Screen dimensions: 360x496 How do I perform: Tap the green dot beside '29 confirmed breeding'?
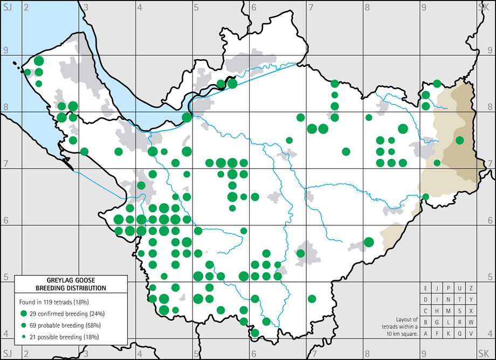23,314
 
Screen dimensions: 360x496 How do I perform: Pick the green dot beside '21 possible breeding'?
23,337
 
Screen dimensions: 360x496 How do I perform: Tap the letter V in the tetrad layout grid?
471,334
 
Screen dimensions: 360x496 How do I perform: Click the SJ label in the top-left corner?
7,6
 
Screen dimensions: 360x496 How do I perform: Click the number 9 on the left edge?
6,50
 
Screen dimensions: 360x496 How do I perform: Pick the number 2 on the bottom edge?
25,354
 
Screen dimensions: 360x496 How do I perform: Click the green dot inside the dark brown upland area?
459,140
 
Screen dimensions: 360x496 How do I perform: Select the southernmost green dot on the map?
254,333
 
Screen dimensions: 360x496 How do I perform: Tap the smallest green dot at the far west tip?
27,72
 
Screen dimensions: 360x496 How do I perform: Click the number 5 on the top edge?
196,6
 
